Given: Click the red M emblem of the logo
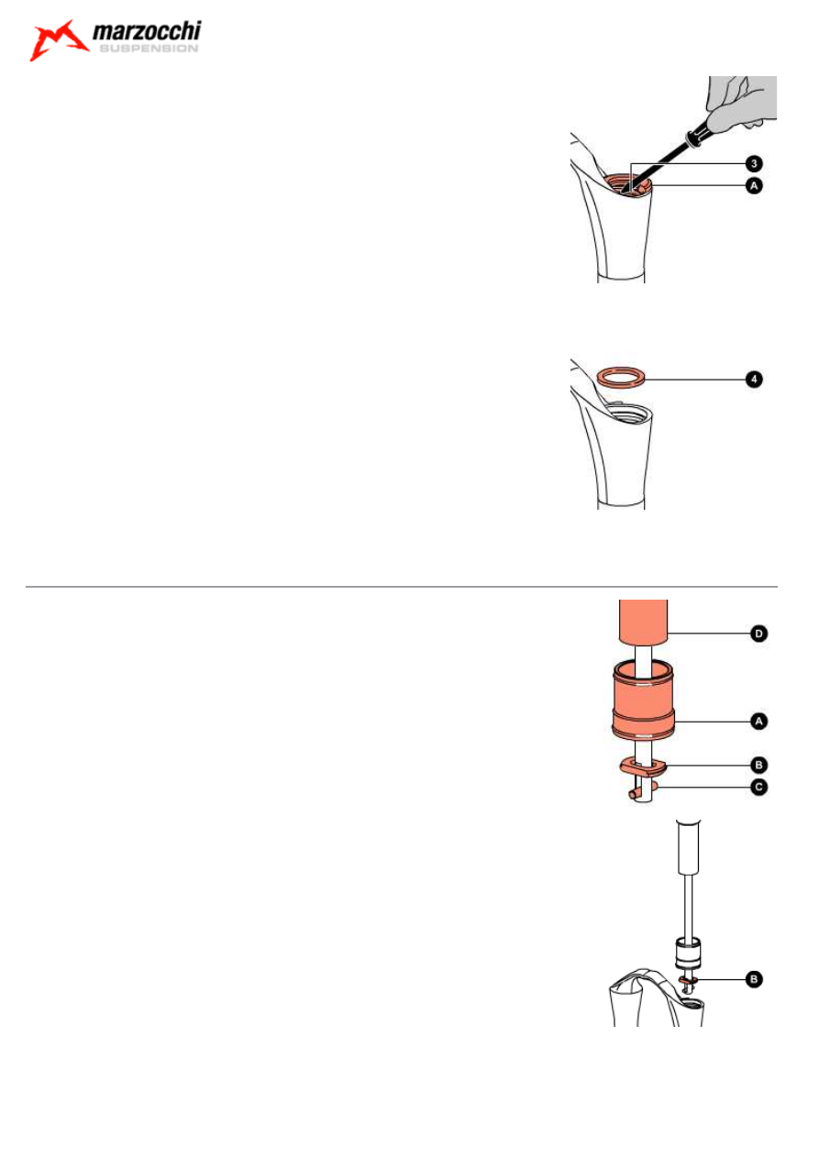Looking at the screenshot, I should [57, 41].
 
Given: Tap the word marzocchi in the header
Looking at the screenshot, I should [147, 33].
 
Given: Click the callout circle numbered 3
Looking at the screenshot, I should [752, 163].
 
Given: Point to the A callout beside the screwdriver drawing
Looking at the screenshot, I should [752, 185].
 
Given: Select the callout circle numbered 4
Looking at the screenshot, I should [752, 378].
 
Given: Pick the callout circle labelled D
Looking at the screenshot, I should [758, 634].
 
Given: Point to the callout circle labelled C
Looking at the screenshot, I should [758, 786].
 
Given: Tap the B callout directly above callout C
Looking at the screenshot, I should [758, 764].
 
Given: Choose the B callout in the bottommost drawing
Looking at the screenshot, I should [752, 980].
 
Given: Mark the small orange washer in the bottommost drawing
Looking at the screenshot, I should [690, 980].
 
